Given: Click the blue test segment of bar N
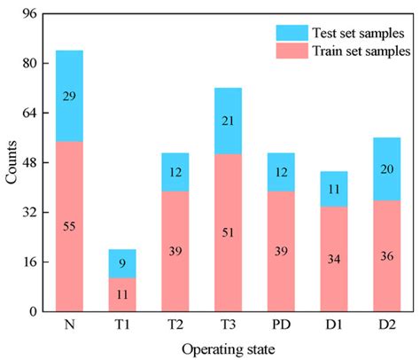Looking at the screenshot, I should [69, 96].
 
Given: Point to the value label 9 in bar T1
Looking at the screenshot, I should [122, 263].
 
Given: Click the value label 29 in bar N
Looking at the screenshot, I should [69, 96].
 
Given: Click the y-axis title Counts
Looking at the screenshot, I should [10, 162].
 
